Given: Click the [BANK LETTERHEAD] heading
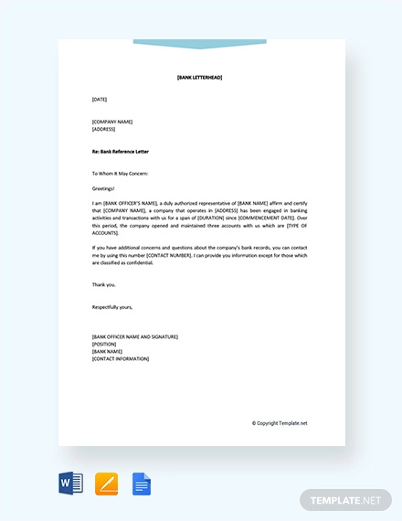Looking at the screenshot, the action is point(199,78).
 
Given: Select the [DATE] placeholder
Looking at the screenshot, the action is point(100,99).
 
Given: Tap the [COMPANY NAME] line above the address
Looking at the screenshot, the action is point(112,122).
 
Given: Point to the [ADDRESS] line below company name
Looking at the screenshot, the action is point(103,129).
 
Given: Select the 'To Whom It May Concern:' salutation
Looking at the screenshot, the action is point(120,173).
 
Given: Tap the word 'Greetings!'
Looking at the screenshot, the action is point(103,188).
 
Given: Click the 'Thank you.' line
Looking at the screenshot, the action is point(104,284).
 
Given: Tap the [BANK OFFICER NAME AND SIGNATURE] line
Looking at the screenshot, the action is point(135,336).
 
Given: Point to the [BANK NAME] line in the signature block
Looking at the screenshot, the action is point(108,351).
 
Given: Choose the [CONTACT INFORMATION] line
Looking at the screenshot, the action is point(121,358).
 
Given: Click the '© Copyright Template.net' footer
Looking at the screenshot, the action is point(280,423).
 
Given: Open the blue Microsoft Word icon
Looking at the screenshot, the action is point(70,483).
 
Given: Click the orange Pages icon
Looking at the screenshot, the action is point(106,483).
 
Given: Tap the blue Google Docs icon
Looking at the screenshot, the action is point(141,483).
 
